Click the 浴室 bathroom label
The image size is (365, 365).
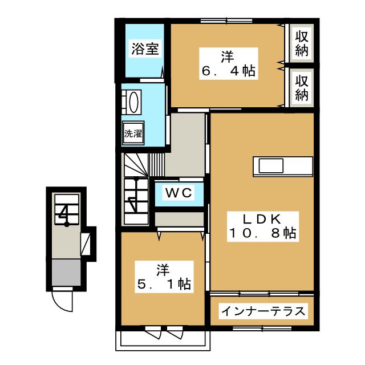point(144,48)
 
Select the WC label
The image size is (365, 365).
point(179,192)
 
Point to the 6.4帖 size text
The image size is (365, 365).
point(227,72)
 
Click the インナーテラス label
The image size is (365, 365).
point(263,311)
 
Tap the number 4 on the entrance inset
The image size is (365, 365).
point(64,214)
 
